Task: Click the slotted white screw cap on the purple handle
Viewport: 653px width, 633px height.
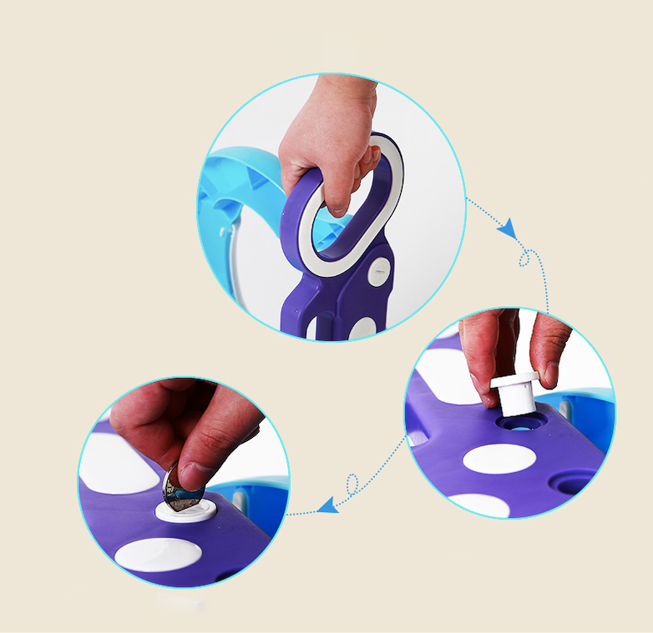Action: click(379, 270)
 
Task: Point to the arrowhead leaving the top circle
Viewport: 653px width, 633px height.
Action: click(506, 229)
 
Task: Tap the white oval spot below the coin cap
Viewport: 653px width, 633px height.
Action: click(159, 554)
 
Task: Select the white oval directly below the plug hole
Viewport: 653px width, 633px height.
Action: click(498, 459)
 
